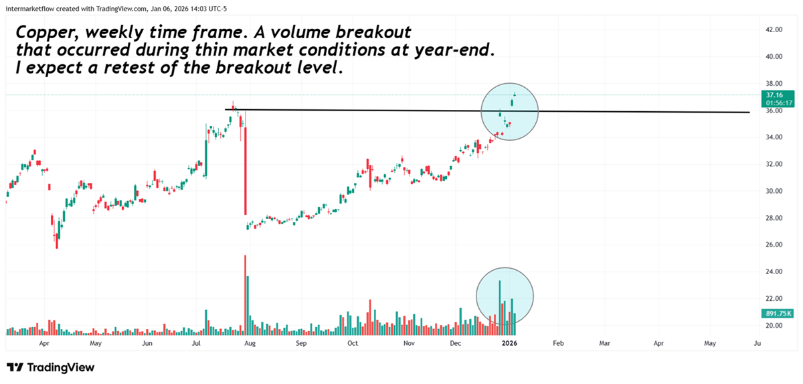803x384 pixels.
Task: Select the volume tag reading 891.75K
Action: click(774, 313)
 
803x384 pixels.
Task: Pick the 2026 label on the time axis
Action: click(509, 343)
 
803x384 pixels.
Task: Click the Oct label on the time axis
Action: click(353, 343)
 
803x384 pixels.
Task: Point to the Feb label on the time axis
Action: click(557, 343)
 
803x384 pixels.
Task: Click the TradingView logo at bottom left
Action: click(51, 367)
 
